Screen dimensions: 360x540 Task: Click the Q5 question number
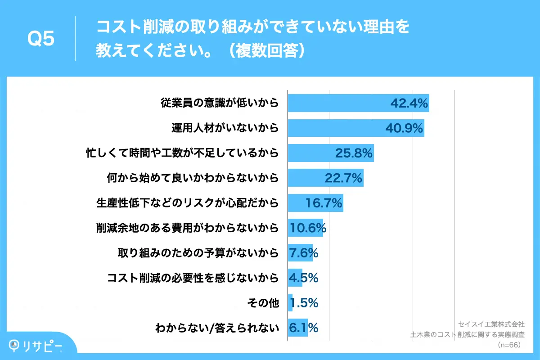pyautogui.click(x=41, y=39)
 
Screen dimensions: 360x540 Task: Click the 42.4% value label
pyautogui.click(x=408, y=103)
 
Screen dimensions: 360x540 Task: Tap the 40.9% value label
pyautogui.click(x=404, y=129)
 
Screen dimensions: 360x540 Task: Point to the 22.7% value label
pyautogui.click(x=343, y=179)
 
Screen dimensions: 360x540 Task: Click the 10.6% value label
pyautogui.click(x=307, y=228)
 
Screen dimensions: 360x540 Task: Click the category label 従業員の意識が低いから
pyautogui.click(x=220, y=103)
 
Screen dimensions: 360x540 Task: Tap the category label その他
pyautogui.click(x=264, y=303)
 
